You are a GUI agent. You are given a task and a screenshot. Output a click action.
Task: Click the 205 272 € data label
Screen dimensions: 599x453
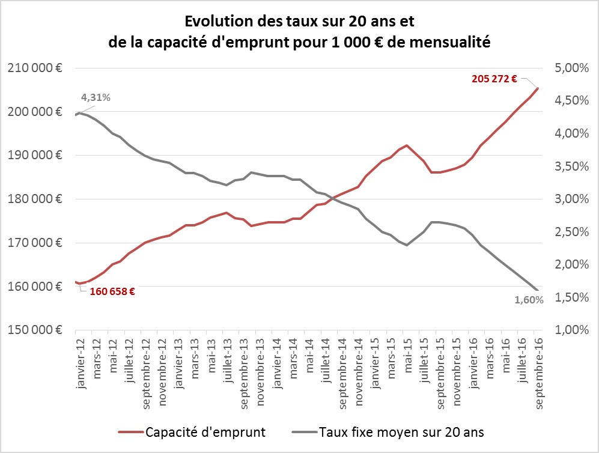click(x=494, y=79)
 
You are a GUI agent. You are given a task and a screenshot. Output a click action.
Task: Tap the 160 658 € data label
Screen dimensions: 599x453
click(x=112, y=292)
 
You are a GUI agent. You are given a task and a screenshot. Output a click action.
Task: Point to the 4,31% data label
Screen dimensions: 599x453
click(x=96, y=98)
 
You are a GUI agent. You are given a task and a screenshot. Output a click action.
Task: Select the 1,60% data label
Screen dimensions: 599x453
click(x=529, y=300)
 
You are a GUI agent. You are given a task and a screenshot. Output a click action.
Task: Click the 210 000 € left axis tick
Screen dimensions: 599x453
click(x=35, y=68)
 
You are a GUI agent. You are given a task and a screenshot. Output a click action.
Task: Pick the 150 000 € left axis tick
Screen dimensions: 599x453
click(x=35, y=330)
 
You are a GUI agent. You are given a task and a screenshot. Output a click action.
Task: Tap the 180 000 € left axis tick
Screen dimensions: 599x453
click(x=35, y=199)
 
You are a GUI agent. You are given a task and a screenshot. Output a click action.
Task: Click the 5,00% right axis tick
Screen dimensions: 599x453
click(x=571, y=68)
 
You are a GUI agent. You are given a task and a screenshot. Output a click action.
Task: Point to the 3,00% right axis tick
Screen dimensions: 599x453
click(x=571, y=199)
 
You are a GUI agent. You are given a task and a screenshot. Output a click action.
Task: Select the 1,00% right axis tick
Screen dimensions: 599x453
click(x=571, y=330)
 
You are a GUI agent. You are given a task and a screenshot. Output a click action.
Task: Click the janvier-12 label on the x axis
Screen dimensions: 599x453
click(x=81, y=363)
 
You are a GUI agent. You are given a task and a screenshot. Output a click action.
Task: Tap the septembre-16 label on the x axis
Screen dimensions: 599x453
click(x=539, y=374)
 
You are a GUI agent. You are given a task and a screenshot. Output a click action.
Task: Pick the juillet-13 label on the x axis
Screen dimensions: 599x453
click(x=228, y=360)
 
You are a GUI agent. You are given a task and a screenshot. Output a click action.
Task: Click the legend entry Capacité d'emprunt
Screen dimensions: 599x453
click(x=192, y=433)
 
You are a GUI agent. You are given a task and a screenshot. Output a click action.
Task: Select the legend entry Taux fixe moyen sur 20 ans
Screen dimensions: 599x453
click(x=388, y=433)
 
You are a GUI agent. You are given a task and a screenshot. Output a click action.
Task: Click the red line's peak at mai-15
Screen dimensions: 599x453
click(x=407, y=145)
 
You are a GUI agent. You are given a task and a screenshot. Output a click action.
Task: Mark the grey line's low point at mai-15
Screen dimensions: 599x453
click(x=407, y=245)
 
